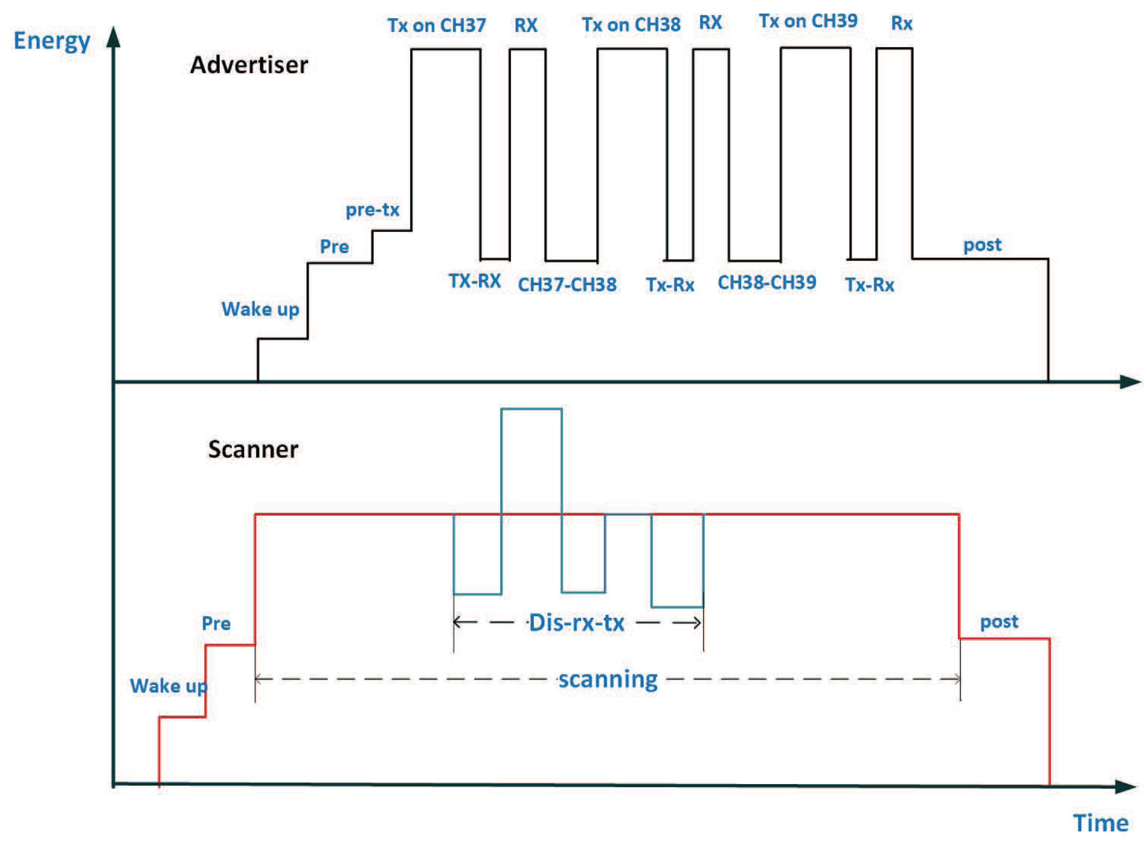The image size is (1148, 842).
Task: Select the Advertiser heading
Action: click(x=249, y=65)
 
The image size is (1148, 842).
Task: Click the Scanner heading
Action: click(x=253, y=450)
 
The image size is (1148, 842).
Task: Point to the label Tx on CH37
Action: click(x=436, y=26)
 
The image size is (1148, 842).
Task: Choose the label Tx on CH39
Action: click(x=808, y=21)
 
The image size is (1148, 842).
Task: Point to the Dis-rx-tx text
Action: click(x=576, y=623)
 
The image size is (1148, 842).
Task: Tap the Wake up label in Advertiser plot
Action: click(x=260, y=309)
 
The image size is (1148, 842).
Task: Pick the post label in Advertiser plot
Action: click(x=981, y=245)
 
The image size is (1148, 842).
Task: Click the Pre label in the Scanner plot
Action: click(x=216, y=623)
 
